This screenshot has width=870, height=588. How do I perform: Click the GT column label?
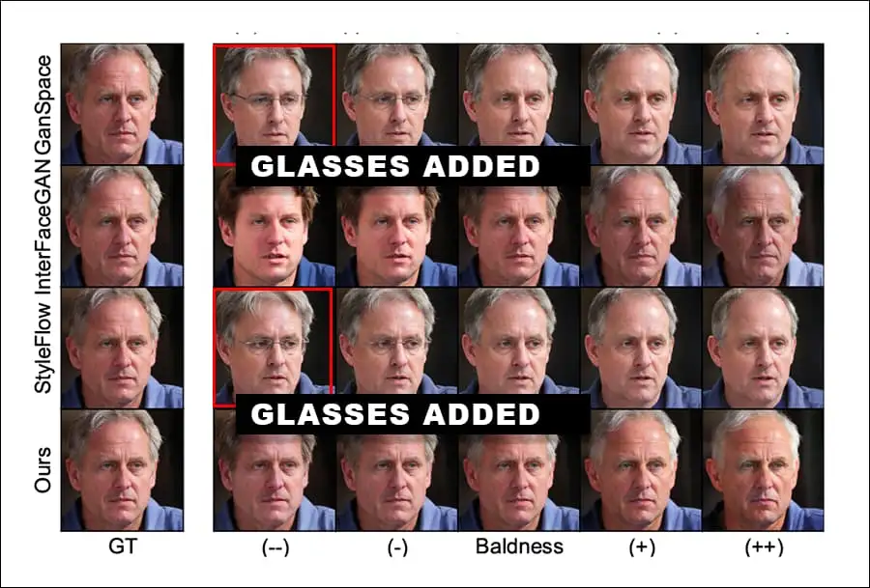point(122,547)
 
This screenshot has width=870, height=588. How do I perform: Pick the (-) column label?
point(396,547)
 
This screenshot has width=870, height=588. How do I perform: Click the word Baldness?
point(519,547)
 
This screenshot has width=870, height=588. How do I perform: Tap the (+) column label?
point(641,547)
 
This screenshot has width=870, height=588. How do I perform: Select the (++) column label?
point(764,547)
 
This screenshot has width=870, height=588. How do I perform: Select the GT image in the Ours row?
point(122,469)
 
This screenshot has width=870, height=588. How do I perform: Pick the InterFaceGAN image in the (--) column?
point(275,232)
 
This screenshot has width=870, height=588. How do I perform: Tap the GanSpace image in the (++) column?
point(764,104)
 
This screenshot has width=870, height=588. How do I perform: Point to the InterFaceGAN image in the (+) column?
point(641,226)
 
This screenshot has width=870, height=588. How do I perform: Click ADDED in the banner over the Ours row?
point(478,414)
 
